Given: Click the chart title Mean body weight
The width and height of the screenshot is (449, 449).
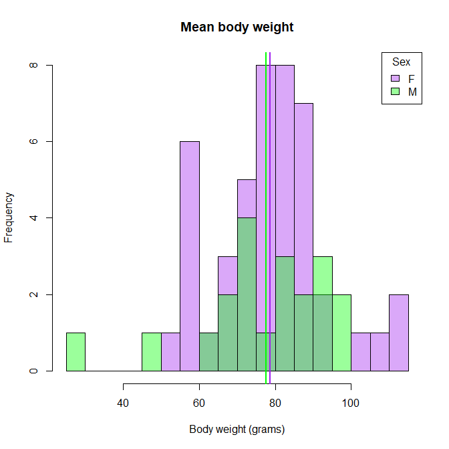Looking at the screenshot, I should [237, 27].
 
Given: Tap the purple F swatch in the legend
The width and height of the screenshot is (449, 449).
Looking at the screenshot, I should [395, 78].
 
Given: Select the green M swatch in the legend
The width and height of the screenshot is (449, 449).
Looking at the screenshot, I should [395, 92].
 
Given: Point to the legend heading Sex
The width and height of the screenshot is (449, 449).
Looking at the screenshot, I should [402, 62].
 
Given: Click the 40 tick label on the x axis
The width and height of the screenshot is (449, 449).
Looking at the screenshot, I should [123, 403].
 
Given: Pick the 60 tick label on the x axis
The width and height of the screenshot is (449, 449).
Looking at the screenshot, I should [199, 403].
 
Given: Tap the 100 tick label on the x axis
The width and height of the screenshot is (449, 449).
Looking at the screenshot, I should [351, 403].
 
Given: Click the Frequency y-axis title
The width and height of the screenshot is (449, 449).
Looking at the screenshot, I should [9, 217].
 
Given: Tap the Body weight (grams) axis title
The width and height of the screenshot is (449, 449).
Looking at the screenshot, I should [237, 430].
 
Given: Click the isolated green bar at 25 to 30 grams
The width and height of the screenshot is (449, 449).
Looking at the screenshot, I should [76, 352].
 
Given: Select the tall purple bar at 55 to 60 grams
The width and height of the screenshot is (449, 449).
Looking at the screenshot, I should [190, 254].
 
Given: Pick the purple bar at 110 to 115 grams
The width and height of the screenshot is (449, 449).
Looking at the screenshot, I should [399, 333].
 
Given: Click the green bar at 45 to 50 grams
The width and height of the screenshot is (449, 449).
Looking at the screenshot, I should [152, 352].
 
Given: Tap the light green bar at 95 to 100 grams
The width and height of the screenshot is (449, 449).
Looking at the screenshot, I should [341, 333].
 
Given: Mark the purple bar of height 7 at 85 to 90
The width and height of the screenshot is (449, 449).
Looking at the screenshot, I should [303, 194].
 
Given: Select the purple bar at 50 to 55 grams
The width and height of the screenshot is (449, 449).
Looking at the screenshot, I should [170, 352].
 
